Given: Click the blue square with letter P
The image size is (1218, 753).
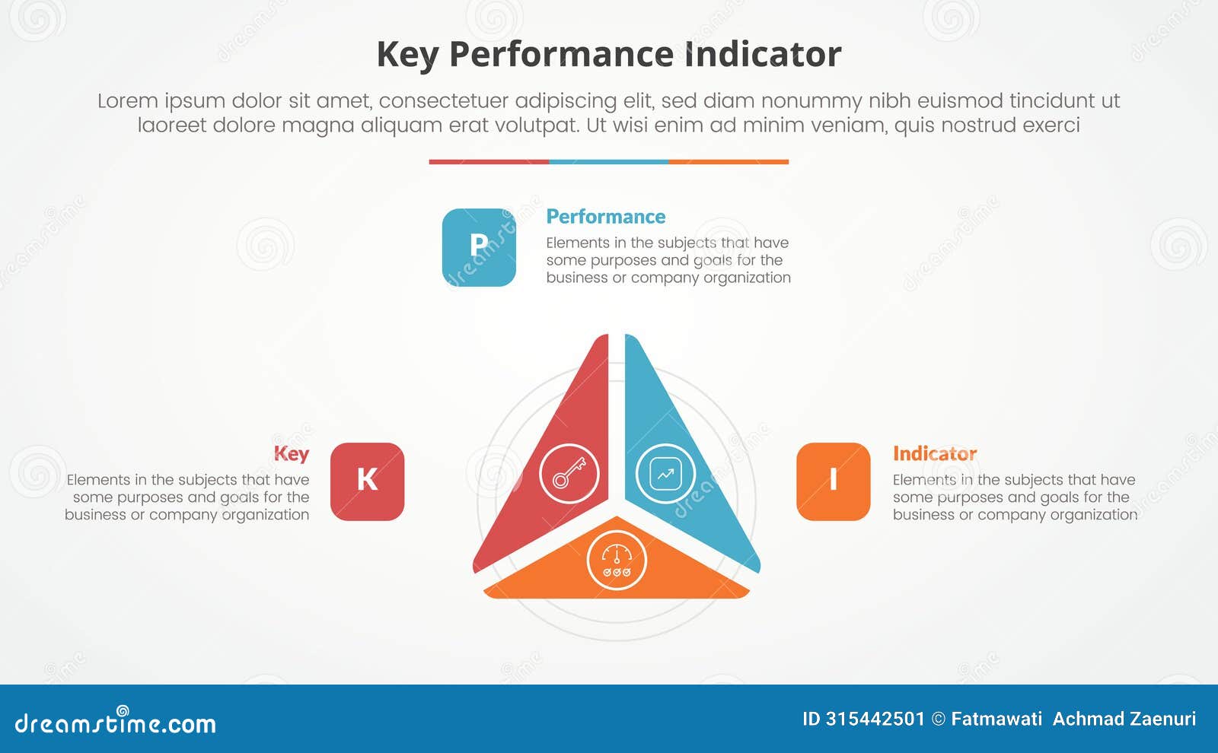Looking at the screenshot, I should [x=479, y=247].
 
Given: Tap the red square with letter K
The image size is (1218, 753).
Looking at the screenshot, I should [x=367, y=481].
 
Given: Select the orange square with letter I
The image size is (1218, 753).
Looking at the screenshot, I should [x=833, y=481].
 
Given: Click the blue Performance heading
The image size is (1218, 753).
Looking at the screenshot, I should [x=606, y=217].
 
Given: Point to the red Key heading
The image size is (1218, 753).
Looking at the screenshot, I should [x=292, y=454].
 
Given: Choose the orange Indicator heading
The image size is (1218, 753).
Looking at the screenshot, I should [x=935, y=454].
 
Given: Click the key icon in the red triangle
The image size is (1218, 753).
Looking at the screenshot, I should [x=569, y=474].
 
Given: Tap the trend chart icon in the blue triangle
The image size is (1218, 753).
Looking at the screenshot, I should [x=665, y=474].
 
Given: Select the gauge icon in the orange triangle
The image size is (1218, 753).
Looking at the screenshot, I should [x=617, y=561].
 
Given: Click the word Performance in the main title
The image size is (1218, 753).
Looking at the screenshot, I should [x=561, y=55].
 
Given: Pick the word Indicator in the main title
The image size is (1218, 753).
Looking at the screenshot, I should [x=763, y=55].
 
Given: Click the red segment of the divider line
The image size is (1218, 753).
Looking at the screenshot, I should [x=489, y=162].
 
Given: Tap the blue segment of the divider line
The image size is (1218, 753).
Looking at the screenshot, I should [x=609, y=162].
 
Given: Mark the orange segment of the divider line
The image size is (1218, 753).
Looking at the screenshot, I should [x=729, y=162].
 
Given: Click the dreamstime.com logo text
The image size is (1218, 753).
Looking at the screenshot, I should [x=116, y=723].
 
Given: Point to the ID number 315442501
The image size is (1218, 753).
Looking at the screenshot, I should [x=875, y=719].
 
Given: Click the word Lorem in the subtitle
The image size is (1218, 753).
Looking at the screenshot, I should [x=127, y=101].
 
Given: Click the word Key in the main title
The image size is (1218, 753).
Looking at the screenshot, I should [x=407, y=55].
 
